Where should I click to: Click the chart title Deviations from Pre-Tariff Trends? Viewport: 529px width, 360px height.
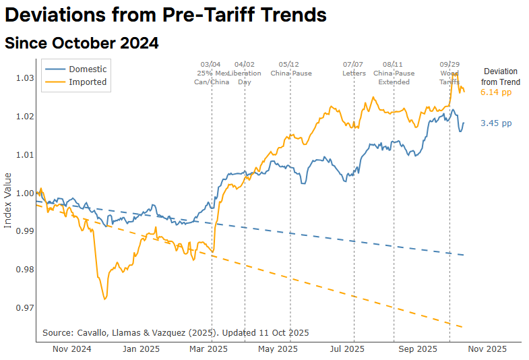click(x=166, y=16)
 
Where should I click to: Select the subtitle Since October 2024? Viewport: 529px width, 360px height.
click(x=82, y=43)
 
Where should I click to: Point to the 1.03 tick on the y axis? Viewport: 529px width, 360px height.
click(x=25, y=78)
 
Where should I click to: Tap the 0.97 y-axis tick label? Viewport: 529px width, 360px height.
click(x=25, y=308)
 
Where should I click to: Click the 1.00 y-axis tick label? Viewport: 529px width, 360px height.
click(x=25, y=193)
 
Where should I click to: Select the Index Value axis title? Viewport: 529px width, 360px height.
click(x=8, y=200)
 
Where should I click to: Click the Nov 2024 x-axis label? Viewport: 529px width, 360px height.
click(x=71, y=349)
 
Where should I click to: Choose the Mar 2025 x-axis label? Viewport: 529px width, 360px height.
click(x=208, y=349)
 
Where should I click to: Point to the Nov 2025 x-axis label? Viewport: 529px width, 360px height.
click(x=487, y=349)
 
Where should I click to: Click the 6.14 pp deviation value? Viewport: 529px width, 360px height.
click(x=496, y=92)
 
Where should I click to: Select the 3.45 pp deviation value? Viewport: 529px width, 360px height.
click(x=496, y=123)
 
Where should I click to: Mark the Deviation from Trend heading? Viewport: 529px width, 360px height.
click(x=500, y=76)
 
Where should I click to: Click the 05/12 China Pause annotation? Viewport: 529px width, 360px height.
click(x=290, y=68)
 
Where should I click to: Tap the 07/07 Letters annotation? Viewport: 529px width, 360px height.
click(x=354, y=68)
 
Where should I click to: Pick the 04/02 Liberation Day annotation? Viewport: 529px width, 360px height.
click(x=245, y=73)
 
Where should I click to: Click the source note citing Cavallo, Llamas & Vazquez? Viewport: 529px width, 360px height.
click(x=175, y=333)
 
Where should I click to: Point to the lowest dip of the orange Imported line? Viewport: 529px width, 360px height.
click(x=104, y=299)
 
